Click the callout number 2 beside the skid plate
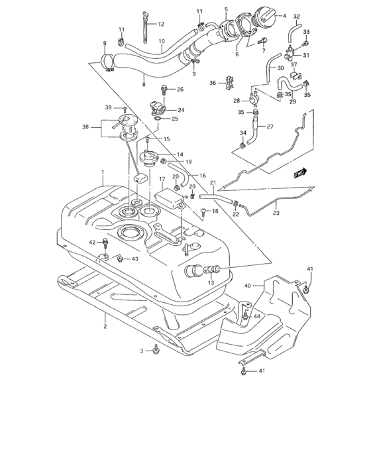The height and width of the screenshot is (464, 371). (x=105, y=327)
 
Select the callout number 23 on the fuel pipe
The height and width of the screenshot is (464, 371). (x=276, y=213)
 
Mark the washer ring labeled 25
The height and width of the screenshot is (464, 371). (x=157, y=119)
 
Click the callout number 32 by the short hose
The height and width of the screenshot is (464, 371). (x=296, y=16)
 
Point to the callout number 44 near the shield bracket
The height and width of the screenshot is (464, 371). (x=256, y=318)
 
